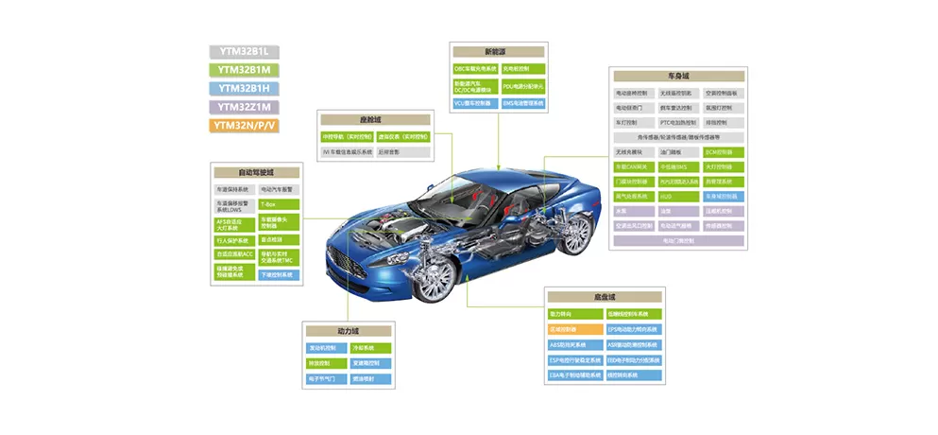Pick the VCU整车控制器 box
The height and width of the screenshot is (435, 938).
pyautogui.click(x=474, y=103)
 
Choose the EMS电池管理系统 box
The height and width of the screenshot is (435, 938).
pyautogui.click(x=523, y=103)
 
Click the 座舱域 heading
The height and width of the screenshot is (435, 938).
pyautogui.click(x=376, y=120)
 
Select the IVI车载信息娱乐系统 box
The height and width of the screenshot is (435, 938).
pyautogui.click(x=347, y=151)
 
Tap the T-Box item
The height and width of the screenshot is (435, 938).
pyautogui.click(x=279, y=204)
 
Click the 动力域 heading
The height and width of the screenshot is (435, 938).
pyautogui.click(x=349, y=332)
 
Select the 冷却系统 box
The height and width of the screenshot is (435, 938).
pyautogui.click(x=369, y=348)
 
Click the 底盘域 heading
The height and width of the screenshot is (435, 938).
pyautogui.click(x=605, y=297)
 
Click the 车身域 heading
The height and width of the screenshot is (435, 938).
pyautogui.click(x=679, y=76)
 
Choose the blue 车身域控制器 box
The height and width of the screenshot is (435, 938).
pyautogui.click(x=725, y=197)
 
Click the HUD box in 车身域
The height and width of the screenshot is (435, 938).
pyautogui.click(x=679, y=197)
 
